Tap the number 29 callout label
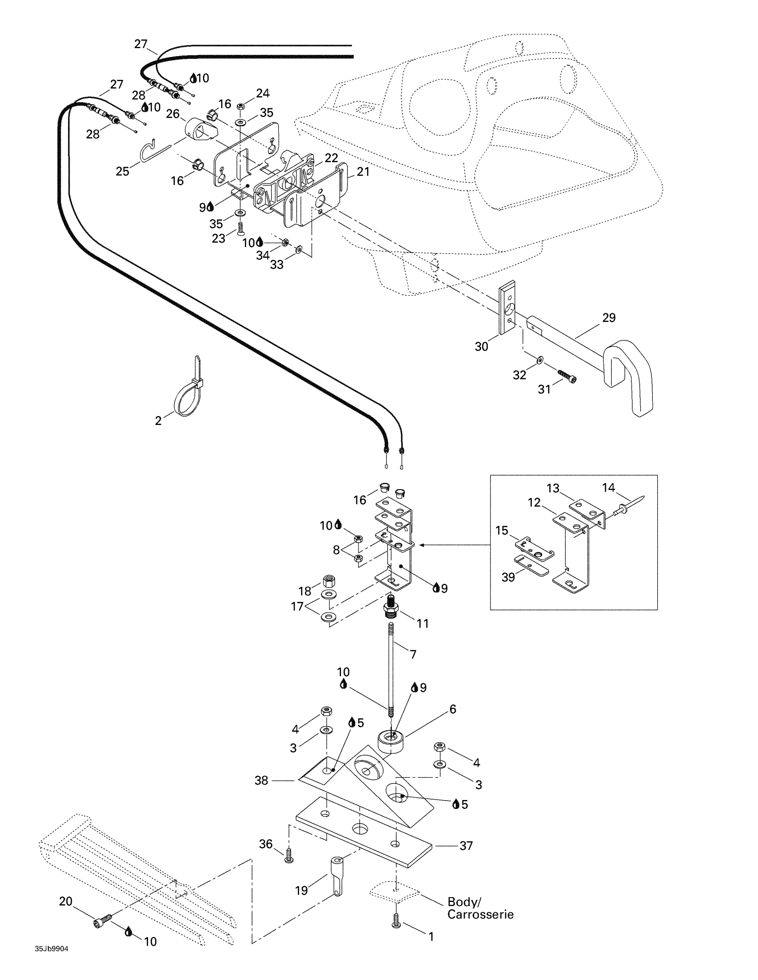(x=609, y=318)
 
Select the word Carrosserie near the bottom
(x=480, y=915)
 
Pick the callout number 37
(x=466, y=845)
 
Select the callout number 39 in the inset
(x=508, y=577)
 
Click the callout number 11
(x=423, y=623)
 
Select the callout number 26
(x=173, y=114)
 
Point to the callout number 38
(x=261, y=780)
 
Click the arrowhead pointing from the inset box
(x=422, y=545)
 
